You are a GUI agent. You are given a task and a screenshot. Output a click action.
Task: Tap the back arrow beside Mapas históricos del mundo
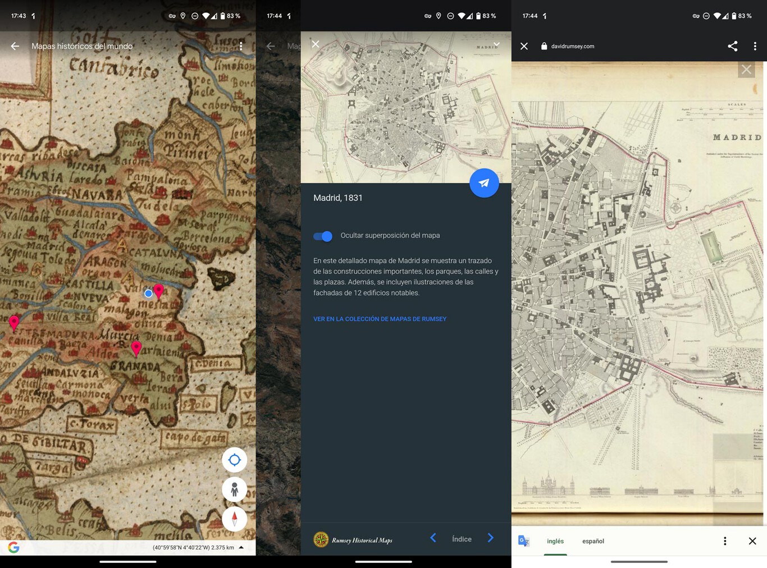15,46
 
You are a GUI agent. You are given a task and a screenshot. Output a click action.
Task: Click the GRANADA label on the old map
135,366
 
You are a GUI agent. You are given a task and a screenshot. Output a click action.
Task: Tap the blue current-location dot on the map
148,294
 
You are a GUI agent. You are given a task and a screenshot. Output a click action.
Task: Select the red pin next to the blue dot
159,291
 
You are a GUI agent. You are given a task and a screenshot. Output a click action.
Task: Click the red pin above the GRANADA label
136,347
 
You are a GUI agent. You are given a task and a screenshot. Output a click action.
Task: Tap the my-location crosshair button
234,460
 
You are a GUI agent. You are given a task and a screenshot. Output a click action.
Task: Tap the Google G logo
14,547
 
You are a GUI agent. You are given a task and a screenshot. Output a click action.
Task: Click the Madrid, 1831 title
338,198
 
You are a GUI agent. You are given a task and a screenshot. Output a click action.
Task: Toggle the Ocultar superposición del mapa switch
323,236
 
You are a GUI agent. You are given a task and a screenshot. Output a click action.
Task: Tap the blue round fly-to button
484,183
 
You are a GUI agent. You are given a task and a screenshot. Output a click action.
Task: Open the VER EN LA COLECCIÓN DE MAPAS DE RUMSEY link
380,319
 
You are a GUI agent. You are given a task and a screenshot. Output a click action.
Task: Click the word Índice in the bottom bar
462,539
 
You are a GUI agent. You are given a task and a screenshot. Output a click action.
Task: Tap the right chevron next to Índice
490,538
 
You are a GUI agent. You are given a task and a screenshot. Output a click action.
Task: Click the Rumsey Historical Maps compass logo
321,539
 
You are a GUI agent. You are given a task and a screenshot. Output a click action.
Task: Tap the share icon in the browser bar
732,46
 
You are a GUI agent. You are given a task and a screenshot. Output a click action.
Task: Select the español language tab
593,541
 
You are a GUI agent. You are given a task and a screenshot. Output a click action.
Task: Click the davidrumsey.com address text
572,47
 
